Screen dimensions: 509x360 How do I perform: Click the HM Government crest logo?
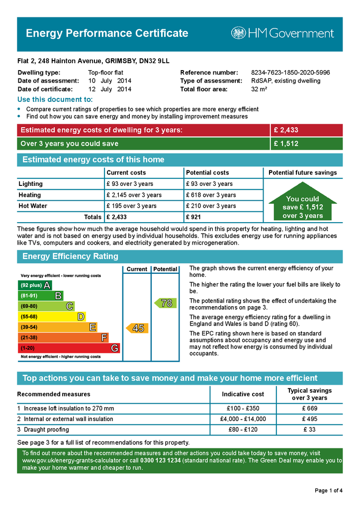239,33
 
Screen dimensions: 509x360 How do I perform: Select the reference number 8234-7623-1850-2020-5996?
290,73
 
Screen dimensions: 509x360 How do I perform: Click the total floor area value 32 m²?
259,89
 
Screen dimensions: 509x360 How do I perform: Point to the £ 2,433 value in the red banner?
285,130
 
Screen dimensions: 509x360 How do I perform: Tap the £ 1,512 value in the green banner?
285,144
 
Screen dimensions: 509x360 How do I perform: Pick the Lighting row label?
31,184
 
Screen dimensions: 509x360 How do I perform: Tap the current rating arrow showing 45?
136,328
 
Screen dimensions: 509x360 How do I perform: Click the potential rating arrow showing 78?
165,303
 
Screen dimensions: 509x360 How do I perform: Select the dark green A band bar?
35,285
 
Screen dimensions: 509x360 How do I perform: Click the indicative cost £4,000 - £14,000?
243,419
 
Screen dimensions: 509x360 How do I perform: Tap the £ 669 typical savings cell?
309,409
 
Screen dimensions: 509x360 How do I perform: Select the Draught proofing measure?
46,429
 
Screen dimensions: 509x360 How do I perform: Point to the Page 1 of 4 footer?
329,491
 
